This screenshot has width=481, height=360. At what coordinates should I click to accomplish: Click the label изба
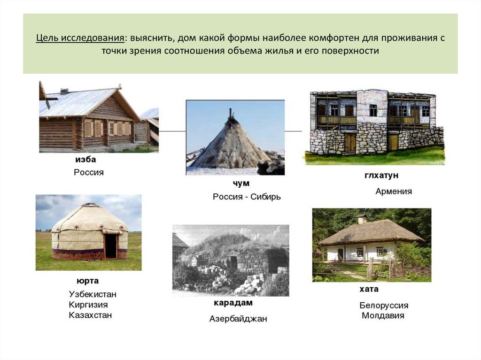click(x=85, y=160)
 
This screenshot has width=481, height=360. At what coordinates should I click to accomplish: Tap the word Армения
click(x=394, y=191)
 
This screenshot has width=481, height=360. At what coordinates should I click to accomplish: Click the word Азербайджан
click(x=238, y=319)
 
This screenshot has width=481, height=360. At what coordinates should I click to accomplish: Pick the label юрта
click(x=87, y=281)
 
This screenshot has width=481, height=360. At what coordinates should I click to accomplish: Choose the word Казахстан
click(x=90, y=315)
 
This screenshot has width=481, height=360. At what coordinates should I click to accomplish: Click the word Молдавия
click(x=383, y=316)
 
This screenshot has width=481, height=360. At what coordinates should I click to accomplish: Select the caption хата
click(x=369, y=289)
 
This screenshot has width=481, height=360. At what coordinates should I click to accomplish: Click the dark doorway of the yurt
click(x=111, y=246)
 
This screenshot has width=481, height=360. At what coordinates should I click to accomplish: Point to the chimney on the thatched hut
click(x=361, y=219)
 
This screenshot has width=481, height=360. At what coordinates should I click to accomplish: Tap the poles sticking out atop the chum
click(x=230, y=114)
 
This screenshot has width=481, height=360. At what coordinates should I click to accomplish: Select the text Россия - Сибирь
click(x=247, y=197)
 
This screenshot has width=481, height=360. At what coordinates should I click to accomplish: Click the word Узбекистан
click(x=93, y=294)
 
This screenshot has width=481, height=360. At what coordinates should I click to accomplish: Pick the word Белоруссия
click(x=384, y=306)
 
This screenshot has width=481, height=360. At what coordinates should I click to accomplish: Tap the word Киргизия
click(x=88, y=305)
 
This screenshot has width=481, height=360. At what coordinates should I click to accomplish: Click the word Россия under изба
click(x=89, y=172)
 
